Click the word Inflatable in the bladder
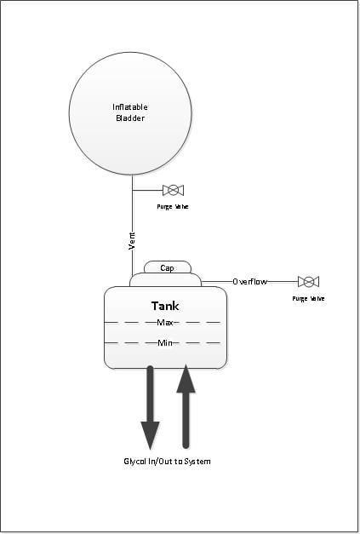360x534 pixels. [x=130, y=107]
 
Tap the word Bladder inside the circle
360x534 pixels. [x=130, y=118]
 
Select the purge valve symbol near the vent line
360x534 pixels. [x=174, y=190]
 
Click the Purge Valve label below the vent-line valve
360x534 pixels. [x=173, y=207]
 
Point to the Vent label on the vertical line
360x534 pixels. [x=132, y=241]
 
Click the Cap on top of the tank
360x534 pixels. [x=167, y=267]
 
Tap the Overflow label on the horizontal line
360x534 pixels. [x=249, y=282]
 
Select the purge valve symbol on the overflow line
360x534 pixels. [x=308, y=282]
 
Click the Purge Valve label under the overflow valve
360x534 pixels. [x=308, y=299]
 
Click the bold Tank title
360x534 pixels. [x=165, y=306]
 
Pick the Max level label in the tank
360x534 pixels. [x=165, y=322]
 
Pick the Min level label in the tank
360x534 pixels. [x=165, y=343]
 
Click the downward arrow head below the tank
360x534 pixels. [x=150, y=434]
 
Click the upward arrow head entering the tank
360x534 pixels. [x=186, y=379]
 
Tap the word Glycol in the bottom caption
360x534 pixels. [x=134, y=462]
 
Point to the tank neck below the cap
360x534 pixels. [x=165, y=279]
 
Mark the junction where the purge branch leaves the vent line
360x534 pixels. [x=132, y=190]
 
